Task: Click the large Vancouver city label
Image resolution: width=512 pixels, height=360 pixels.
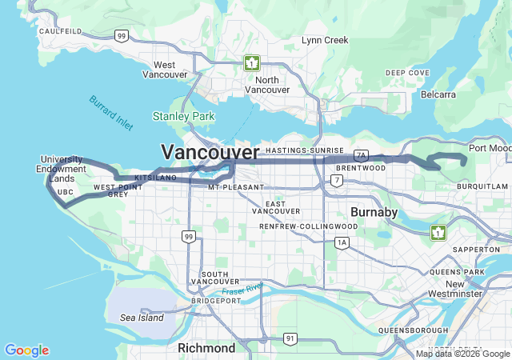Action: pos(210,152)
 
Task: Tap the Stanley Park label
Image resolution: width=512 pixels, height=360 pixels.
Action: pos(184,117)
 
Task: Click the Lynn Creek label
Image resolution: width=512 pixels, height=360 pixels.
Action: pos(325,40)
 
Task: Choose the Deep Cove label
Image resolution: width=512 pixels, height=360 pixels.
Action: pos(407,73)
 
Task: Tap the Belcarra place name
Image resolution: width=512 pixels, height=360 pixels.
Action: pos(438,94)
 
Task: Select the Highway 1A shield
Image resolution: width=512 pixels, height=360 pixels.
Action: pos(342,242)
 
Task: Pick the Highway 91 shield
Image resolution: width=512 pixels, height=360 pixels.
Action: pos(289,339)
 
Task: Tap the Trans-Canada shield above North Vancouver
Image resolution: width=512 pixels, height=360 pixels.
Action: pos(252,62)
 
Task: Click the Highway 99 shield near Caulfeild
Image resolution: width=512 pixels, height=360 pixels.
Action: pos(121,35)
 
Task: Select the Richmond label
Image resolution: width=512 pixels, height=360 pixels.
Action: pos(206,348)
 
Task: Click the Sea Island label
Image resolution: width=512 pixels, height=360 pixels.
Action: pos(142,318)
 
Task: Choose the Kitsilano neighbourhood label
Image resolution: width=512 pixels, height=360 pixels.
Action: pos(155,177)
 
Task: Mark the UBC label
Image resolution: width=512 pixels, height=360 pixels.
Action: pos(66,192)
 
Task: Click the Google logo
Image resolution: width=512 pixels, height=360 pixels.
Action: pos(26,350)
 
